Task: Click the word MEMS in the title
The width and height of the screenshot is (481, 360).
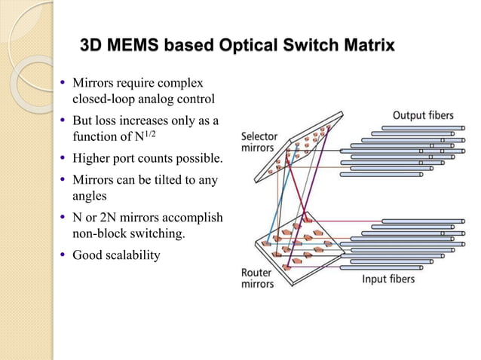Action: [136, 46]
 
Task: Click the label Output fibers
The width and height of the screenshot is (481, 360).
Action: [423, 115]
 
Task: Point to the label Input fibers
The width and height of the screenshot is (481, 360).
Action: [389, 279]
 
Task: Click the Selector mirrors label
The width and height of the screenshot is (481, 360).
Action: [259, 143]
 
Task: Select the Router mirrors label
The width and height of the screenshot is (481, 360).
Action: [257, 279]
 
